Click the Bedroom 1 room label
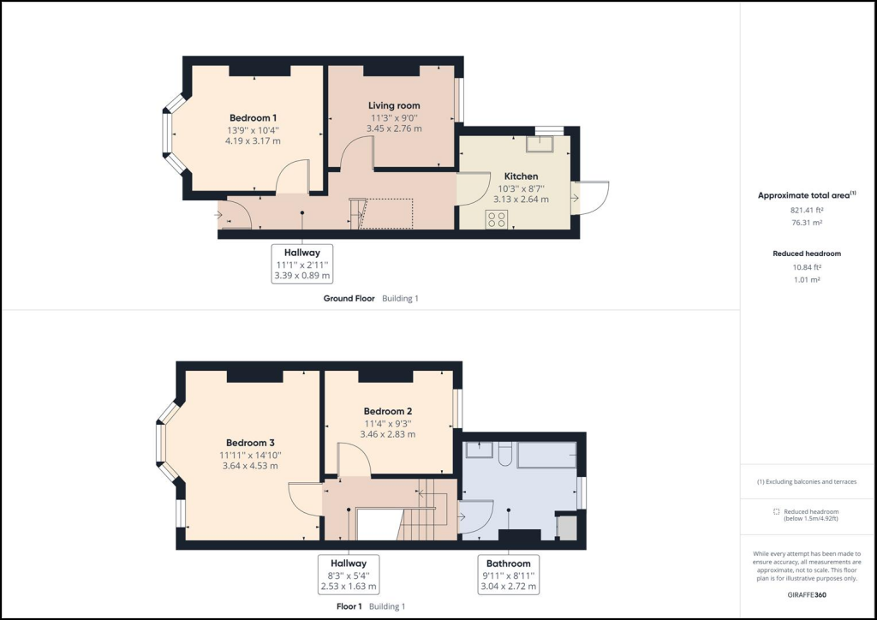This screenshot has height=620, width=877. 253,117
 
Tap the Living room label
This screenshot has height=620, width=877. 394,105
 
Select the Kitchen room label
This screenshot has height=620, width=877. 521,176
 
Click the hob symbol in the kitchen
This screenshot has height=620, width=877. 497,218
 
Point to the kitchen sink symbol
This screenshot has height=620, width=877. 544,143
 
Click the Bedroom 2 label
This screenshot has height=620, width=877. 388,410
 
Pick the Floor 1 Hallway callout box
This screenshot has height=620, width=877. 348,575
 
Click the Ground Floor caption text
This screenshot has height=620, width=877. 349,299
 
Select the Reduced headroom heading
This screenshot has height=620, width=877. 807,253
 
